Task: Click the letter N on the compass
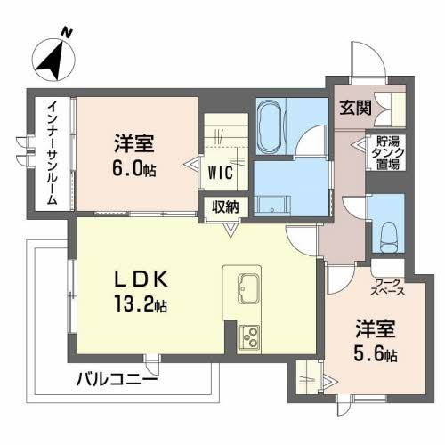click(x=67, y=32)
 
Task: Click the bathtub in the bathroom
click(x=269, y=126)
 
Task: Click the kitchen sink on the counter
click(x=249, y=288)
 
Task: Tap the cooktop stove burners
click(x=249, y=337)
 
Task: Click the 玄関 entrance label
click(x=355, y=108)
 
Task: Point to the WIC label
click(x=221, y=173)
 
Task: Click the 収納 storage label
click(x=225, y=206)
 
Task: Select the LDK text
click(x=142, y=279)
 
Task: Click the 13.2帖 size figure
click(x=141, y=303)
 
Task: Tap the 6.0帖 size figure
click(x=133, y=168)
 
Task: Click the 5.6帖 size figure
click(x=376, y=353)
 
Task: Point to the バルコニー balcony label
click(x=117, y=379)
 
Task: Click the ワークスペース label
click(x=388, y=287)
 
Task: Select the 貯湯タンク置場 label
click(x=388, y=153)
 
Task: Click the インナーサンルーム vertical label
click(x=53, y=153)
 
